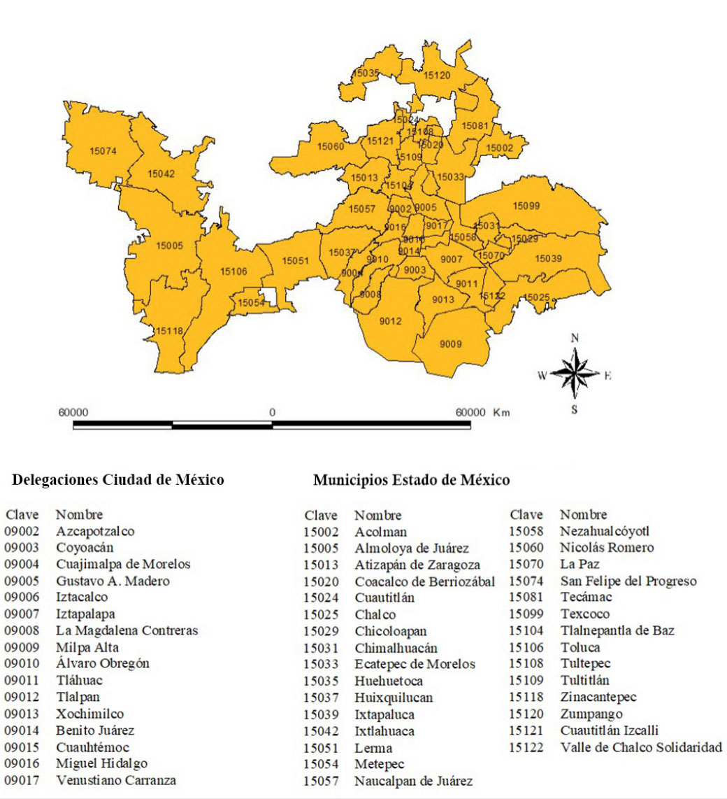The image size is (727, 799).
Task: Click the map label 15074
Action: [x=103, y=150]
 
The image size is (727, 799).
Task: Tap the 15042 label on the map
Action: [x=161, y=174]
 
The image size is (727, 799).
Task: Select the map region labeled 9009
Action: [x=451, y=344]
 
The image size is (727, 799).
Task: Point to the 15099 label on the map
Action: [x=526, y=205]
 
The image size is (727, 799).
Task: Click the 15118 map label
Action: [x=169, y=330]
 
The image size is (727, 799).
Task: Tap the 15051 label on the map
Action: [x=295, y=260]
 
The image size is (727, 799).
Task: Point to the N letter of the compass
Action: [x=575, y=337]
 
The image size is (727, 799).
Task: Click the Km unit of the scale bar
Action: [x=501, y=412]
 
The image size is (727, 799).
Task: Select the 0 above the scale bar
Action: [x=272, y=412]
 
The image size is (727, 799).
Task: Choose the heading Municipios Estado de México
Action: [x=411, y=480]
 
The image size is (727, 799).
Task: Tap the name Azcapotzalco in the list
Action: [x=96, y=531]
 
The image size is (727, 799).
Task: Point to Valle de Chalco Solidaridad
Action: [x=641, y=747]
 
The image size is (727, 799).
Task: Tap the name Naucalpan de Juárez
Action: [x=414, y=781]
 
